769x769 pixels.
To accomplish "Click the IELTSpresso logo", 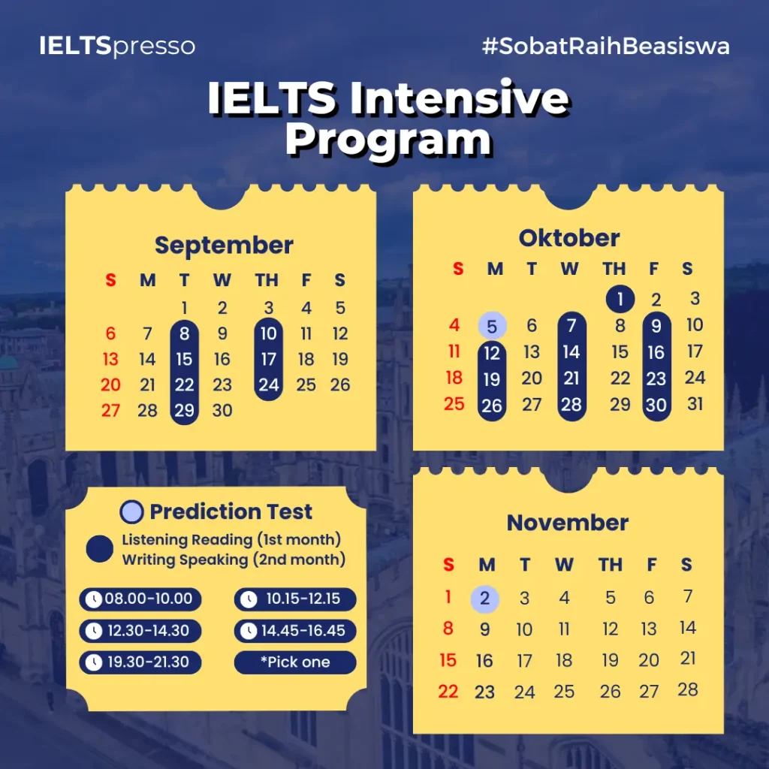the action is point(117,46).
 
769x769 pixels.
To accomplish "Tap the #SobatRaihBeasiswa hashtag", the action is point(606,46).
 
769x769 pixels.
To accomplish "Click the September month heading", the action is point(224,245).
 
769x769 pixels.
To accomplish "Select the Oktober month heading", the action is point(569,238).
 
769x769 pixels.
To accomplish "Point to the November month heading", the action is point(568,523).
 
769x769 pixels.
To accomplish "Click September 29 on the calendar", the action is point(185,410).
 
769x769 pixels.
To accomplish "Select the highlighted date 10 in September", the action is point(269,333).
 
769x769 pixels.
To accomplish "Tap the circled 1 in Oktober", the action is point(620,299).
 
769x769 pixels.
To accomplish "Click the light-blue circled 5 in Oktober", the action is point(492,326).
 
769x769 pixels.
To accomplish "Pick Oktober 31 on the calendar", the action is point(695,403).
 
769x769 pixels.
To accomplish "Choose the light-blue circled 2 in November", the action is point(484,599).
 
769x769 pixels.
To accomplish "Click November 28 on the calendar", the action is point(688,689).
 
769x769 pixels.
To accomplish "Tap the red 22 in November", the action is point(448,691).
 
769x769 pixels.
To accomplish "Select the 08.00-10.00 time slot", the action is point(140,599).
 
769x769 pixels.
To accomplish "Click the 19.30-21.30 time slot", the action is point(140,662).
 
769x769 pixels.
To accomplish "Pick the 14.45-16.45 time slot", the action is point(295,631).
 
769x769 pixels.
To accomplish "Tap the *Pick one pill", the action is point(295,662).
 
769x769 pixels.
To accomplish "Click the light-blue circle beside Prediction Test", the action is point(131,511).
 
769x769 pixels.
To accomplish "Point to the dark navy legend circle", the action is point(100,549).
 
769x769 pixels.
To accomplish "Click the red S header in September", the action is point(111,280).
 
